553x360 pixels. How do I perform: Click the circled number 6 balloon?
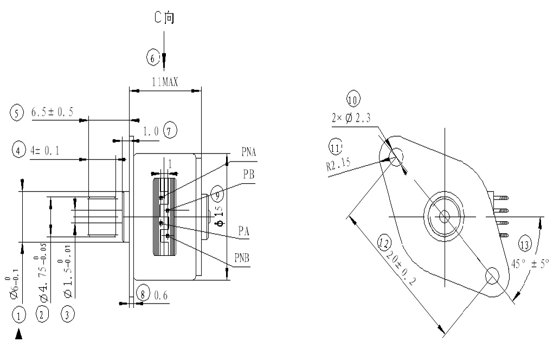pyautogui.click(x=153, y=56)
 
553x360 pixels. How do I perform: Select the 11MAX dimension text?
pyautogui.click(x=165, y=81)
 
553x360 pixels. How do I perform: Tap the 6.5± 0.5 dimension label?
pyautogui.click(x=52, y=112)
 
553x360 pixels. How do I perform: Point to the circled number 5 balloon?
pyautogui.click(x=16, y=113)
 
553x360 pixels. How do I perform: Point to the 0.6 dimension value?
pyautogui.click(x=162, y=296)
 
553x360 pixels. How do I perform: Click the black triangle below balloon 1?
pyautogui.click(x=19, y=336)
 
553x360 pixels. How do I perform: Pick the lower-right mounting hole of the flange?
pyautogui.click(x=492, y=275)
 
